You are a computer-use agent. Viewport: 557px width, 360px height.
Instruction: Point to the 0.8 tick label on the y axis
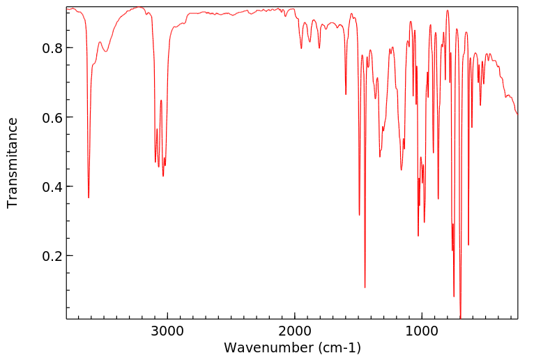(54, 48)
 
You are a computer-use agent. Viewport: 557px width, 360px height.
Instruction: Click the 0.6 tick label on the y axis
(54, 117)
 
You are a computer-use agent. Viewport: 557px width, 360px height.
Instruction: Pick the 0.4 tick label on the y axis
(54, 187)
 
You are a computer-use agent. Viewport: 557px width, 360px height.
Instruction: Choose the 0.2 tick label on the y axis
(54, 256)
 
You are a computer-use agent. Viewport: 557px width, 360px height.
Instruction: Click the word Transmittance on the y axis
(13, 163)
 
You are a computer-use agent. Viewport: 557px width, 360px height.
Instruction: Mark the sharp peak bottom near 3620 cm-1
(89, 197)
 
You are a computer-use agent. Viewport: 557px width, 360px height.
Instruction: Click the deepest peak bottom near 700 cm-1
(460, 317)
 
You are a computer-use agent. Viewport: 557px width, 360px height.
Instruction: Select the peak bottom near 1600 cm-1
(346, 94)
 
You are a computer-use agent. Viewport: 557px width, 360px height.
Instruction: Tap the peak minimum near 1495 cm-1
(359, 215)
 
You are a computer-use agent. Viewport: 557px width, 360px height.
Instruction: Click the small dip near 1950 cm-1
(301, 48)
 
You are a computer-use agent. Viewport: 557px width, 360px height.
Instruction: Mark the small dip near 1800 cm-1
(319, 48)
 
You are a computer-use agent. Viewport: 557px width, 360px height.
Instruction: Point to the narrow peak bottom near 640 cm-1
(468, 245)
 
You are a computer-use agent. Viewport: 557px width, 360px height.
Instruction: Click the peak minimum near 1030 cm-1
(418, 236)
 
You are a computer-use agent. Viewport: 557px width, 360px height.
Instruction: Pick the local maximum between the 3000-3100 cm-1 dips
(161, 100)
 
